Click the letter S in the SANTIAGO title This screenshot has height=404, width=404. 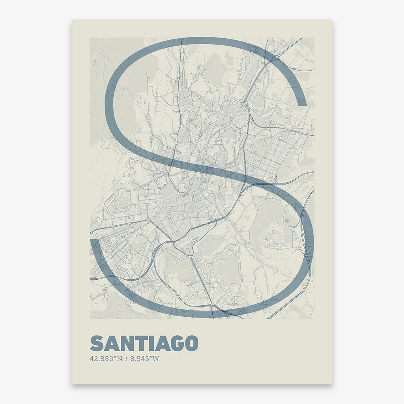tap(97, 344)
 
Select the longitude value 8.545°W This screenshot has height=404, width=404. tap(146, 359)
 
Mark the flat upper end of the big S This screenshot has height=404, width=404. tap(301, 105)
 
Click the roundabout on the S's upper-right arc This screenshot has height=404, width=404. tap(277, 58)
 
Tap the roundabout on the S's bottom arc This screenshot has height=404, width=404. tap(211, 306)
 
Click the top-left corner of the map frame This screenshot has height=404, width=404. tap(90, 38)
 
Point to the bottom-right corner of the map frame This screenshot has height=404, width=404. tap(314, 318)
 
